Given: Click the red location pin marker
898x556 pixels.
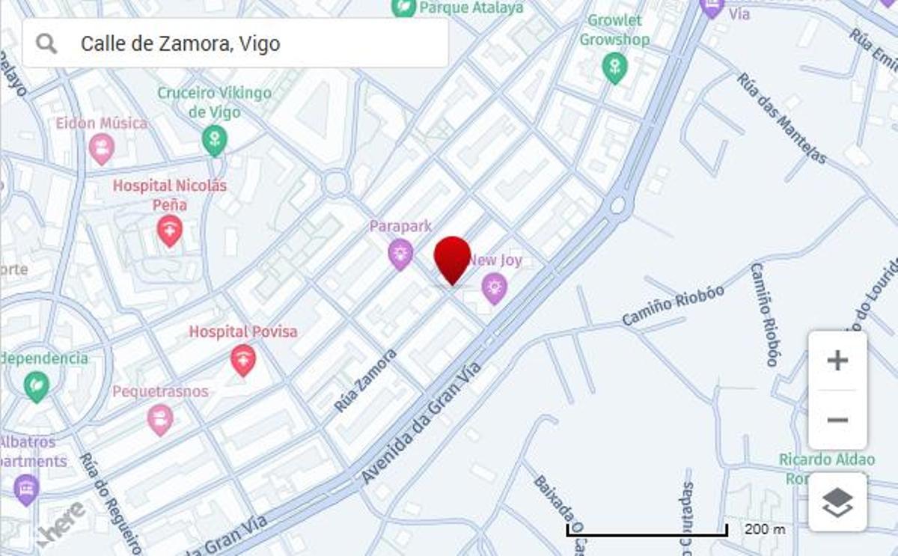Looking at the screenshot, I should [x=452, y=258].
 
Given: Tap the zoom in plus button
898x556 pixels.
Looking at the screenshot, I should [x=837, y=361].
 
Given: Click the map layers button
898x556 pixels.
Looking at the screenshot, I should [x=837, y=502].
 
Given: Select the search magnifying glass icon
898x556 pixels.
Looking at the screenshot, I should [x=46, y=43].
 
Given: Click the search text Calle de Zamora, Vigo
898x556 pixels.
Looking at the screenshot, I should [x=180, y=43].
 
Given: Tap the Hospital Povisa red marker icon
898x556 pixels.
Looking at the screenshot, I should [x=242, y=361].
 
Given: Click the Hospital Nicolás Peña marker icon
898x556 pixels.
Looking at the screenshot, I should [x=170, y=230].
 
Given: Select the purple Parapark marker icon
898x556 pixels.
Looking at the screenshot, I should [x=400, y=254].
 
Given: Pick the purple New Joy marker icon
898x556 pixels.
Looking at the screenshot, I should [x=494, y=288].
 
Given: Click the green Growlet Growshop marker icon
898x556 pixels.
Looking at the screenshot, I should [x=614, y=68].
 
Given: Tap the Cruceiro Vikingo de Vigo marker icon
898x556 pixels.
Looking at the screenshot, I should [x=214, y=140].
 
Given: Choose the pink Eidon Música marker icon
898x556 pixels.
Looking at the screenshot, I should [x=101, y=149].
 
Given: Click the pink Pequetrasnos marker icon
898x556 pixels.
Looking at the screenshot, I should [x=160, y=419].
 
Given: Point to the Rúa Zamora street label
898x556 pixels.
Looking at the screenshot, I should [x=365, y=380].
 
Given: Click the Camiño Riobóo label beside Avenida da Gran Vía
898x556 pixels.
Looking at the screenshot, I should [x=673, y=305].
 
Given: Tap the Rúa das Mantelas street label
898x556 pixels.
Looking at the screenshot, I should [x=781, y=117].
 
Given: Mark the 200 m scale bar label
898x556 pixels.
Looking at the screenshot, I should [x=765, y=529].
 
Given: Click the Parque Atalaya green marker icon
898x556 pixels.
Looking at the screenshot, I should [x=404, y=7].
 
